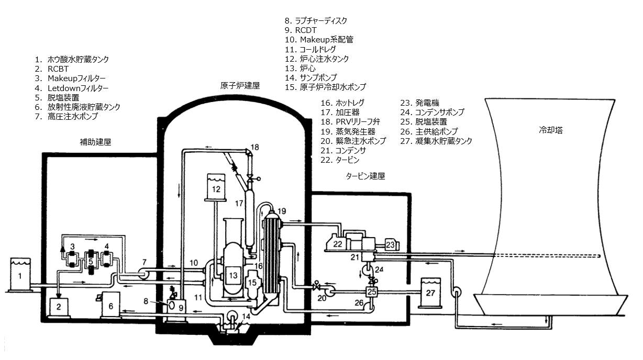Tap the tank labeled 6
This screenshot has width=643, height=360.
tap(110, 304)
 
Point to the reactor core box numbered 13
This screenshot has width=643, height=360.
tap(232, 274)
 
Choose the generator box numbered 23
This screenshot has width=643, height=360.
tap(390, 244)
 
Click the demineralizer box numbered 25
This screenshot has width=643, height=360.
tap(371, 291)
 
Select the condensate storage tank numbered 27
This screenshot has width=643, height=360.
tap(431, 294)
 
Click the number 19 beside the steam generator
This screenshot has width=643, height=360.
tap(282, 211)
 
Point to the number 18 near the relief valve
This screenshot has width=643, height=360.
tap(255, 148)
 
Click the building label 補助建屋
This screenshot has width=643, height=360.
tap(95, 142)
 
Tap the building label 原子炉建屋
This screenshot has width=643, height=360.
tap(240, 85)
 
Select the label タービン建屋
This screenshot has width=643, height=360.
tap(365, 176)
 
